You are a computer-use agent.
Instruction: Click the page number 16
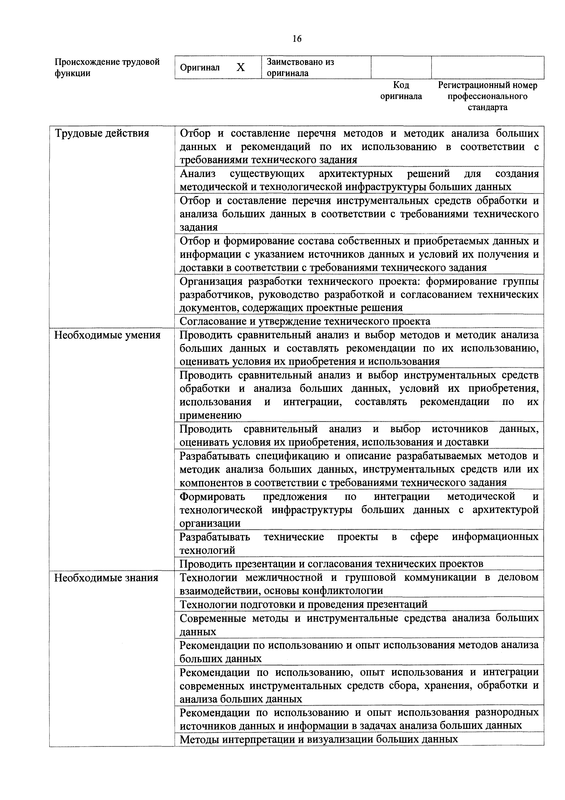tap(297, 39)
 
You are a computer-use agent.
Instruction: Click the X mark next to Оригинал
tap(241, 68)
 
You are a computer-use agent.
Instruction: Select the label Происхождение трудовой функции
tap(107, 68)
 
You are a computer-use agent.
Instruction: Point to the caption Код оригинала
tap(401, 91)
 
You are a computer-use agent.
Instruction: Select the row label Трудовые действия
tap(102, 133)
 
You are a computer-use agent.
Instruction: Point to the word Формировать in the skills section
tap(212, 496)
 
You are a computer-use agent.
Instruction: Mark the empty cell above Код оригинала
tap(401, 67)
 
